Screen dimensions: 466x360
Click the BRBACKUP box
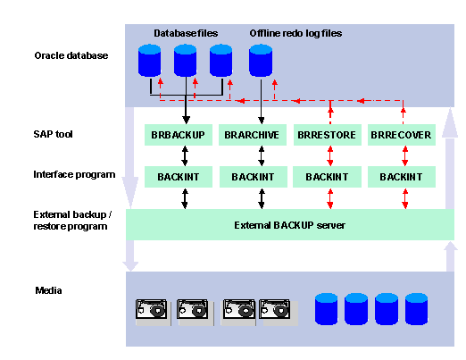pos(179,135)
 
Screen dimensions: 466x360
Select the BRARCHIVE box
pos(253,135)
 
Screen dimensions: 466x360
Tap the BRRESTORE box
pos(328,135)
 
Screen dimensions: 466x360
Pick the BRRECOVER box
pos(402,135)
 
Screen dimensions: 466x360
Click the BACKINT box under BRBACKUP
pos(179,177)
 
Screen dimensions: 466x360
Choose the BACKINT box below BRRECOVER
pos(402,177)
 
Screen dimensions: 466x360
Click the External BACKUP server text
pos(289,225)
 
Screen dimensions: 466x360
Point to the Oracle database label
pos(71,55)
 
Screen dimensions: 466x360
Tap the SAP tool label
pos(53,134)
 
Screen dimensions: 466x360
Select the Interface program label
pos(74,174)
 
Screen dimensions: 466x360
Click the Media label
pos(48,290)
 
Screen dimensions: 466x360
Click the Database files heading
pos(186,33)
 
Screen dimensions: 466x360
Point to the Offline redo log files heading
pos(295,33)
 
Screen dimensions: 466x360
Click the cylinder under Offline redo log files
pos(261,60)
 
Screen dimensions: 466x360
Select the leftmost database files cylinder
pos(149,60)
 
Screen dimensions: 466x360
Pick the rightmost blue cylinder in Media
pos(416,308)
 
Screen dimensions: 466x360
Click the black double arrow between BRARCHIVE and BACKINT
pos(262,155)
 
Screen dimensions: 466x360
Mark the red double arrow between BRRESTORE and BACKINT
pos(330,155)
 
